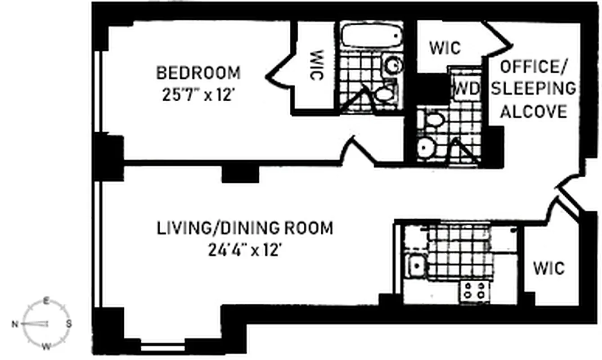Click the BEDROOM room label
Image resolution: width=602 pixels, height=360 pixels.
198,72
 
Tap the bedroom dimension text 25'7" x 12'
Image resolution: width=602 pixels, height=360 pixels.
198,96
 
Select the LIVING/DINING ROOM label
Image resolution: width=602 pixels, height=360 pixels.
245,228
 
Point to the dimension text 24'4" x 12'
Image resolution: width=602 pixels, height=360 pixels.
245,250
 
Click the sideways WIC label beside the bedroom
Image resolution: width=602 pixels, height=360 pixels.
317,65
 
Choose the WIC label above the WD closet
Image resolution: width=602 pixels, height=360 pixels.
445,48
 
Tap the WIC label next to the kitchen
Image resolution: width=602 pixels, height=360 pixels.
548,268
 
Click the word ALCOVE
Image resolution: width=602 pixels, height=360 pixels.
533,111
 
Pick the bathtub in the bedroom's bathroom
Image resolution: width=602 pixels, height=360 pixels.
371,36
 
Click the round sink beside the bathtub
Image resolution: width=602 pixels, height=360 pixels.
393,66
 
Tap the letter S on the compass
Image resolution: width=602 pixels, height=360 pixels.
69,323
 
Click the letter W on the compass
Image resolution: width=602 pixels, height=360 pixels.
45,346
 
